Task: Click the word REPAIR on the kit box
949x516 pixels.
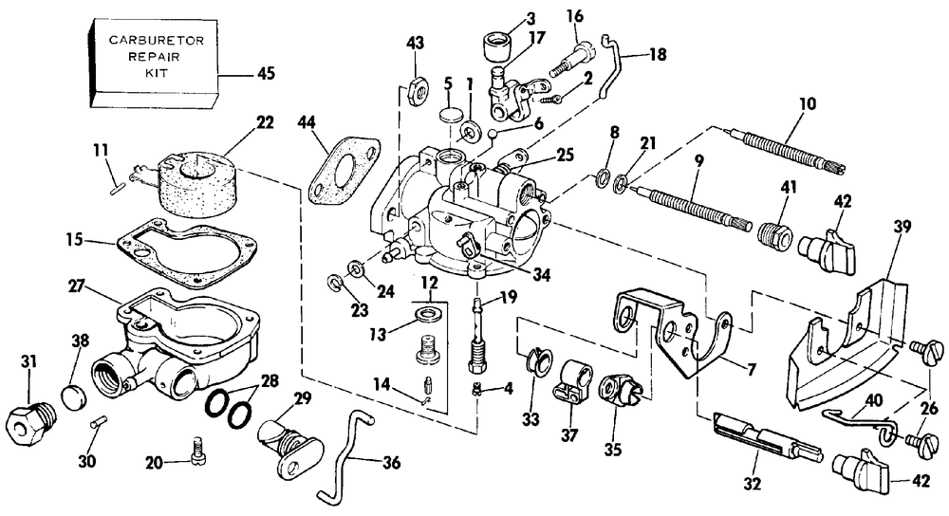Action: (154, 57)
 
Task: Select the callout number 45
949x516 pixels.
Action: (266, 74)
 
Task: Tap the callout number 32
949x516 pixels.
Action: (753, 484)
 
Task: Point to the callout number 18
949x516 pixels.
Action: (658, 54)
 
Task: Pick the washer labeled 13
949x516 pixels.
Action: (429, 314)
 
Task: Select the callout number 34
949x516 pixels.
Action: (542, 275)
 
